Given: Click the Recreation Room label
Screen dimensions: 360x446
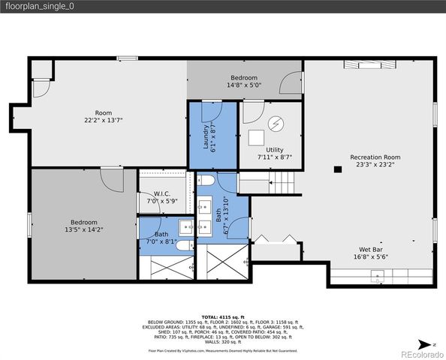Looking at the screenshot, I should (x=370, y=157).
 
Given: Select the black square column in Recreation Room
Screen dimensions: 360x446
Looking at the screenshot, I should (x=337, y=169).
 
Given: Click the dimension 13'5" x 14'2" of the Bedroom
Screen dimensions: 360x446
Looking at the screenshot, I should (x=84, y=229).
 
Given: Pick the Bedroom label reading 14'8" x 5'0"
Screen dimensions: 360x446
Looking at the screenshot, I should (x=244, y=85).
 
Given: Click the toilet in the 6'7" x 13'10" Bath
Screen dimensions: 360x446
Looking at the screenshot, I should (x=206, y=181).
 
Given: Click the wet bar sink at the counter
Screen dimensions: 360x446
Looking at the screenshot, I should (x=378, y=278).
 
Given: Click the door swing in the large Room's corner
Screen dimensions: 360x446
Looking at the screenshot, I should (x=41, y=88).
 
